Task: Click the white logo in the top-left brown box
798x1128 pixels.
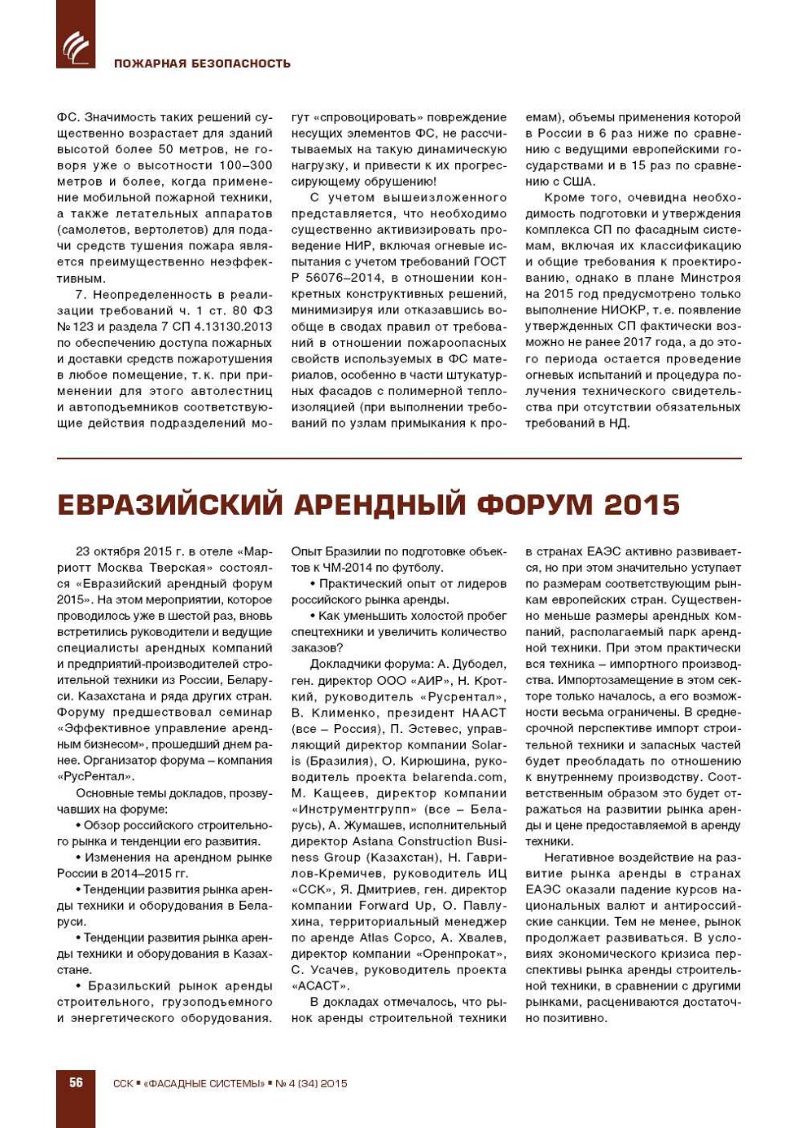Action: click(x=75, y=47)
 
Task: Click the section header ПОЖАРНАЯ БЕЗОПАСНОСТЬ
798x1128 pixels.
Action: click(x=202, y=64)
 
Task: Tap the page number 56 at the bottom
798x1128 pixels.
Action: click(x=76, y=1082)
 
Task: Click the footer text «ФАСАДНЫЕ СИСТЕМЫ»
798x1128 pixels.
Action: click(x=204, y=1083)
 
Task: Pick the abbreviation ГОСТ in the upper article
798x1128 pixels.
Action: click(x=489, y=261)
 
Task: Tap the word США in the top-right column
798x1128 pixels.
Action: click(x=579, y=182)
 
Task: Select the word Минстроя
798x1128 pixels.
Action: click(x=713, y=278)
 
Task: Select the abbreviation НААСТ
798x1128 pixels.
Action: click(x=484, y=713)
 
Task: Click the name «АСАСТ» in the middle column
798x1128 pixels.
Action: click(x=320, y=985)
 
